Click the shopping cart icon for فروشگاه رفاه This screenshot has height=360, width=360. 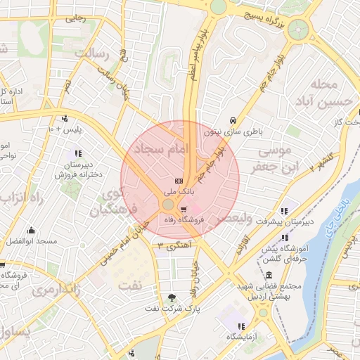tap(184, 209)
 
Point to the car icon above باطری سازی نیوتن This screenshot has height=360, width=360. tap(233, 120)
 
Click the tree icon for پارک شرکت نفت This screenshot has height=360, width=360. tap(173, 297)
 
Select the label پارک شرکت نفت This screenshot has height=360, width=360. tap(173, 309)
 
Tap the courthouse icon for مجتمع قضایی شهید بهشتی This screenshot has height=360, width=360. tap(269, 275)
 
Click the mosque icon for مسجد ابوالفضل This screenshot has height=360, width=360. tap(31, 230)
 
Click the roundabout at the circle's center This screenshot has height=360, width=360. tap(168, 205)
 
